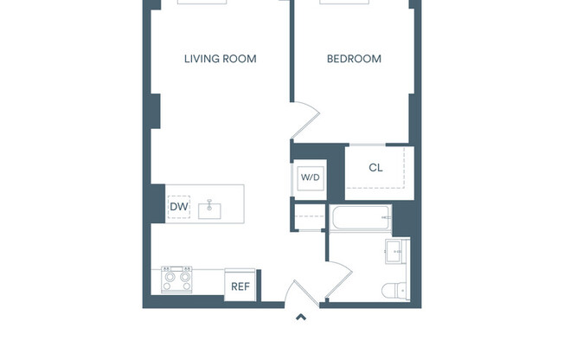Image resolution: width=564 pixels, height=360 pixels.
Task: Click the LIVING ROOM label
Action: [x=220, y=59]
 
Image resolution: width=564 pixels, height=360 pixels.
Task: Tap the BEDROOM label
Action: [x=354, y=59]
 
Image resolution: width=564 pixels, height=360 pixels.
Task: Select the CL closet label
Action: [x=375, y=168]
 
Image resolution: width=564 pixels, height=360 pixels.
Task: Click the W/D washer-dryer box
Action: [x=310, y=177]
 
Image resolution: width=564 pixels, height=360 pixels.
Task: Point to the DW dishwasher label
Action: [x=178, y=207]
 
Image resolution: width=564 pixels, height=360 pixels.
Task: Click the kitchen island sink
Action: [x=210, y=209]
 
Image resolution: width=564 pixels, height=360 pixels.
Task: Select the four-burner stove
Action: [x=178, y=280]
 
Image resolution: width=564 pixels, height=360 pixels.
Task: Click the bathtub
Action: [x=361, y=218]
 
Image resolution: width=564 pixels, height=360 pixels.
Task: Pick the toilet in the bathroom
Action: [x=392, y=289]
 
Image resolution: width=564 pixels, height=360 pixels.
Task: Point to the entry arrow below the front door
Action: [x=300, y=318]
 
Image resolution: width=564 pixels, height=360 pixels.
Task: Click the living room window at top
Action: [x=202, y=3]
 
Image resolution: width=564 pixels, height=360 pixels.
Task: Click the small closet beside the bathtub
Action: [x=310, y=216]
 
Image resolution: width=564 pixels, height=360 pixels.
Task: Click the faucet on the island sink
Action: [x=210, y=205]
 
